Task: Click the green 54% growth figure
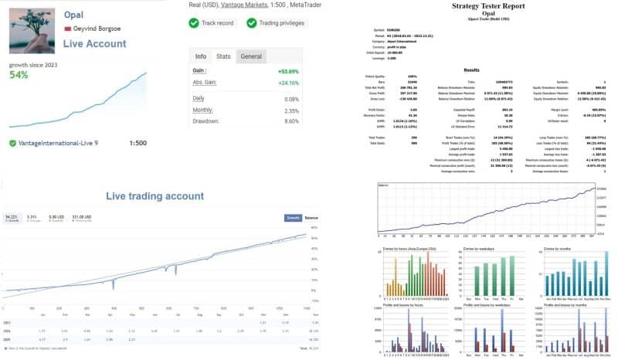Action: pos(19,75)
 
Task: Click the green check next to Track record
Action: pos(193,23)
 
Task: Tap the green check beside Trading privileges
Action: pos(252,23)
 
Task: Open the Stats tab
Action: pos(222,56)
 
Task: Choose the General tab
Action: pos(251,56)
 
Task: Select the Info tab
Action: pos(200,56)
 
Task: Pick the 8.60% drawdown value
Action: pos(289,121)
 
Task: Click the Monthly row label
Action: pos(203,110)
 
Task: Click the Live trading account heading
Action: pos(154,197)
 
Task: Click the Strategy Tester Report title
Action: pos(484,6)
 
